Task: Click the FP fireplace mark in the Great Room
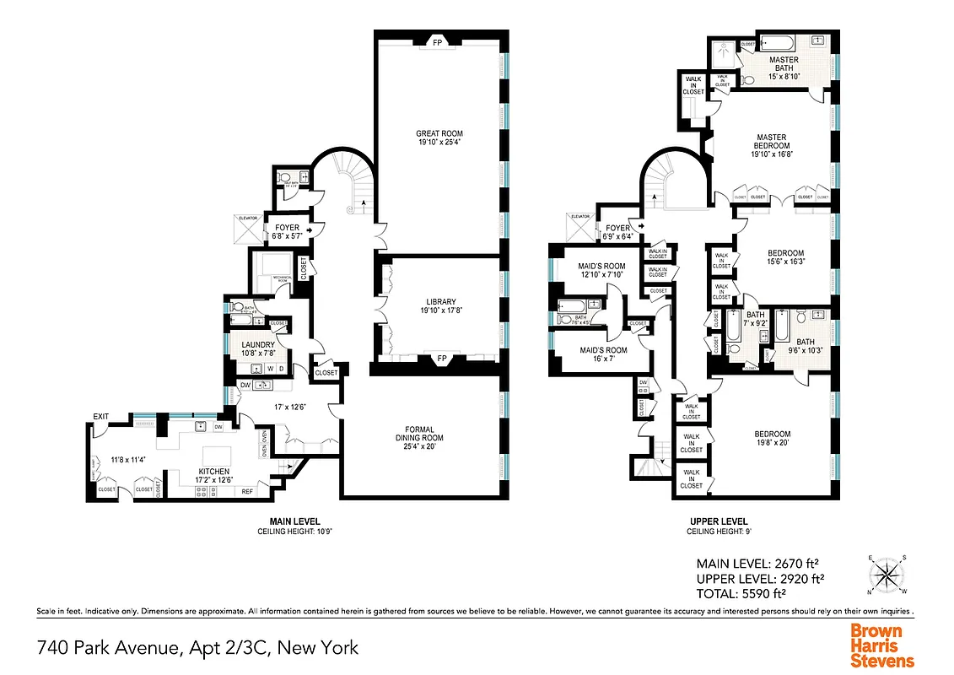pyautogui.click(x=438, y=40)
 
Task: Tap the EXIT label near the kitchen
pyautogui.click(x=101, y=416)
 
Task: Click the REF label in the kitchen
pyautogui.click(x=247, y=490)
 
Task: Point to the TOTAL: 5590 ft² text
pyautogui.click(x=759, y=593)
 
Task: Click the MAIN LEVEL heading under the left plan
pyautogui.click(x=294, y=521)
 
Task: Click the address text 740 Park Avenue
pyautogui.click(x=197, y=648)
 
